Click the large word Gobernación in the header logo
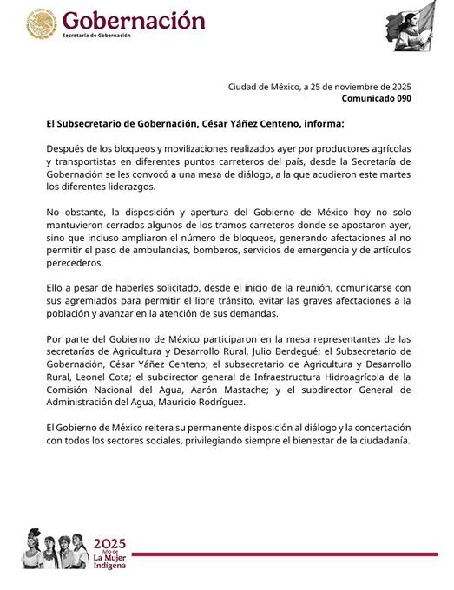tap(134, 20)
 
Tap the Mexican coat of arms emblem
tap(41, 24)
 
